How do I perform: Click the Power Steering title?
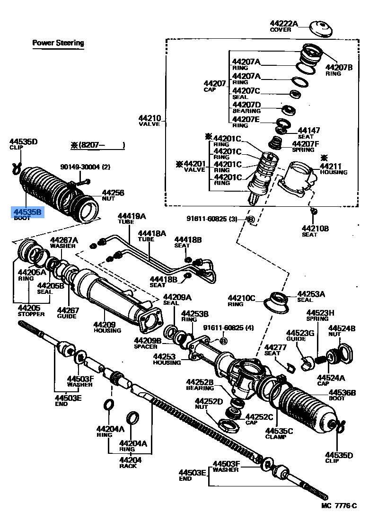pyautogui.click(x=58, y=43)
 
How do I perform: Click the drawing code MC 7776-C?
pyautogui.click(x=339, y=505)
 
